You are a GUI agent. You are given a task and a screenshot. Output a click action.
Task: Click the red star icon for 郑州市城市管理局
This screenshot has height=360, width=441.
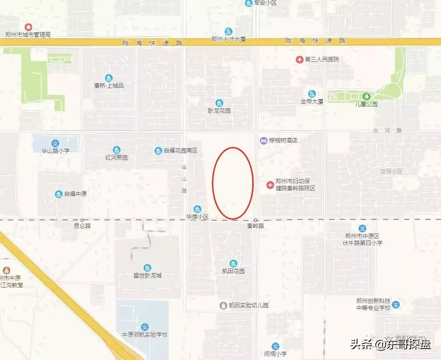click(28, 27)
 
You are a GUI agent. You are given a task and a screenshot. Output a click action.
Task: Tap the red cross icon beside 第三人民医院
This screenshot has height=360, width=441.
click(300, 59)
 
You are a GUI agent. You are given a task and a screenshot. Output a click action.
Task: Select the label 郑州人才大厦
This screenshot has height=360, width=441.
click(228, 39)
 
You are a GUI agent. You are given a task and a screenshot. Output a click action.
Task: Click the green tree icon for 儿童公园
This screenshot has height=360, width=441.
click(366, 96)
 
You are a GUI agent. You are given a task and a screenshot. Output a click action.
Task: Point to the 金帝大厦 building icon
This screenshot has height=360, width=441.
click(312, 94)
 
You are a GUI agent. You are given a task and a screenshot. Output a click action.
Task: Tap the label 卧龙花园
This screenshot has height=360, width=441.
click(219, 111)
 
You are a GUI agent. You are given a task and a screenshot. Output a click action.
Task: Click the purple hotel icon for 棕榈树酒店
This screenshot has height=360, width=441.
click(263, 140)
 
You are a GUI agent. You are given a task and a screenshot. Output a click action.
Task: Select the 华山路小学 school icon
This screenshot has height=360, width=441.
click(55, 143)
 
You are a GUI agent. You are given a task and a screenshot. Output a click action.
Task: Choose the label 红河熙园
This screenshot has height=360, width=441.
click(116, 157)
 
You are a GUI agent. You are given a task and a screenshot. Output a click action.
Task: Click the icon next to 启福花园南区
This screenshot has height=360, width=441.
click(158, 151)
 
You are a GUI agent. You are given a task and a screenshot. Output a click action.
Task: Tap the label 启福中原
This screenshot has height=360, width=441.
click(76, 194)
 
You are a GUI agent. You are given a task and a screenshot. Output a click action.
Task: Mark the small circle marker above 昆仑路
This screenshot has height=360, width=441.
click(82, 220)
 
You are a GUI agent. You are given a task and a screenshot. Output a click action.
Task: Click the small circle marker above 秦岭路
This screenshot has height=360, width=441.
click(256, 220)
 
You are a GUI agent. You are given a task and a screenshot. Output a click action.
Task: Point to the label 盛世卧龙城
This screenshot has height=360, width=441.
click(147, 275)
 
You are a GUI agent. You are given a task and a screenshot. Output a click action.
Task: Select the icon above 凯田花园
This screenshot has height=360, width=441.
click(233, 264)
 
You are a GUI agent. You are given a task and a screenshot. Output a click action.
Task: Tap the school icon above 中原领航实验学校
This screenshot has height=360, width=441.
click(145, 327)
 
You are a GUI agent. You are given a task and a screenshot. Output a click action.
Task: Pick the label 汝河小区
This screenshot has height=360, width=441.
click(391, 171)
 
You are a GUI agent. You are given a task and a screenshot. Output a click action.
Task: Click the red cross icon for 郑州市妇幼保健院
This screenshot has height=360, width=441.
click(270, 185)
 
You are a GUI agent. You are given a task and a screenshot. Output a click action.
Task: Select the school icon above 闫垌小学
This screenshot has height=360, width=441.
click(275, 346)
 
